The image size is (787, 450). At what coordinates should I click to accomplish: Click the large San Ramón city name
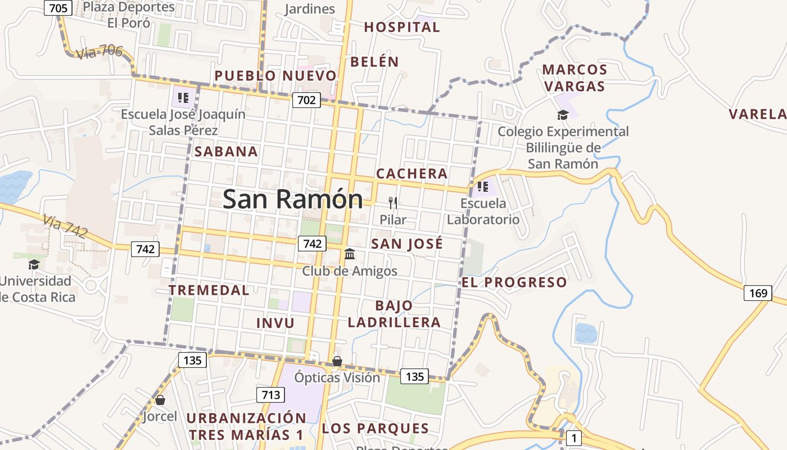(292, 200)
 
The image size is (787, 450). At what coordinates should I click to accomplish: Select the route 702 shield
(306, 101)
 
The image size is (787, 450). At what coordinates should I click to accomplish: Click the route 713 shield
(270, 395)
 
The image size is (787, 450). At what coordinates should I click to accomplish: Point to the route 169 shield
(758, 293)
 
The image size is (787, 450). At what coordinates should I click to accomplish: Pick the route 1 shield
(573, 438)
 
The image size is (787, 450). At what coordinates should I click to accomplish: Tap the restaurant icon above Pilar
(393, 203)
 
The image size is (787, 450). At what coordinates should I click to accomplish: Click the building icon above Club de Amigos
(350, 254)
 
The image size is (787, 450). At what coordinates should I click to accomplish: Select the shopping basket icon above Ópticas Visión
(337, 361)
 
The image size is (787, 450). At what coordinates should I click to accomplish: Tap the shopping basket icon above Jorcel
(160, 400)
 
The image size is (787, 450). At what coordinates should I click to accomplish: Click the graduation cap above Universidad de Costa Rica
(34, 264)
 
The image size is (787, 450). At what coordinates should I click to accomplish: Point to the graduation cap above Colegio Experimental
(563, 115)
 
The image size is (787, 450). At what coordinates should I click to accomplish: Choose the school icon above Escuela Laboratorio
(482, 187)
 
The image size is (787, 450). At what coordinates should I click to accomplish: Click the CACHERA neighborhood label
(411, 174)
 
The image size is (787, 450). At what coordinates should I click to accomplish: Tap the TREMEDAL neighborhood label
(209, 290)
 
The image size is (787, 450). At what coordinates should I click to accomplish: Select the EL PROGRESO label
(514, 282)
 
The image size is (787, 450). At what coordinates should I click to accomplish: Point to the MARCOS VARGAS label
(575, 78)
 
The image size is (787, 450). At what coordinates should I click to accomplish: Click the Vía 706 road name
(98, 52)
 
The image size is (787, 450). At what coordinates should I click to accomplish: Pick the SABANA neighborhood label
(226, 151)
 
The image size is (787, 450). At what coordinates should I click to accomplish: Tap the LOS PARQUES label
(375, 429)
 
